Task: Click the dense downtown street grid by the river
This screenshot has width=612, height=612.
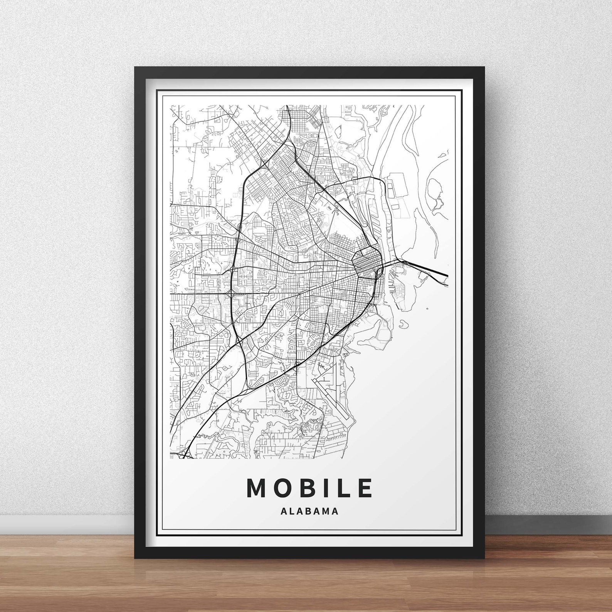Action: click(x=364, y=264)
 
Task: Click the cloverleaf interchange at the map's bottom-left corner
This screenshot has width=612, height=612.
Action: click(x=184, y=455)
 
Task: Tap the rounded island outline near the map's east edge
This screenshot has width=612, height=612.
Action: click(x=434, y=189)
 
